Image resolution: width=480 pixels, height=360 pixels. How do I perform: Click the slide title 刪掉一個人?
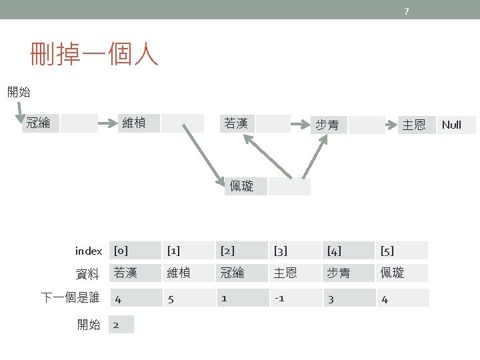pyautogui.click(x=94, y=55)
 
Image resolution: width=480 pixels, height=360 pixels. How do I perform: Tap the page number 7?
pyautogui.click(x=407, y=10)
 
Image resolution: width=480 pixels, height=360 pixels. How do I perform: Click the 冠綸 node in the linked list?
pyautogui.click(x=39, y=123)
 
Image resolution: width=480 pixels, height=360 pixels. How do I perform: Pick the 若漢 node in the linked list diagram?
pyautogui.click(x=237, y=123)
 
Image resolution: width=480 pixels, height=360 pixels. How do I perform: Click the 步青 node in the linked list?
pyautogui.click(x=327, y=125)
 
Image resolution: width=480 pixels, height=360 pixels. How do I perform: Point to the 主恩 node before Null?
pyautogui.click(x=413, y=125)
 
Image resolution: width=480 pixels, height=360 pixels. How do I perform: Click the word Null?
pyautogui.click(x=451, y=125)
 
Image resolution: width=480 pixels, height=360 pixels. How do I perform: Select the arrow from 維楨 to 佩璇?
pyautogui.click(x=203, y=151)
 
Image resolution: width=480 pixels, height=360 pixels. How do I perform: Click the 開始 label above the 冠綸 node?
pyautogui.click(x=19, y=92)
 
